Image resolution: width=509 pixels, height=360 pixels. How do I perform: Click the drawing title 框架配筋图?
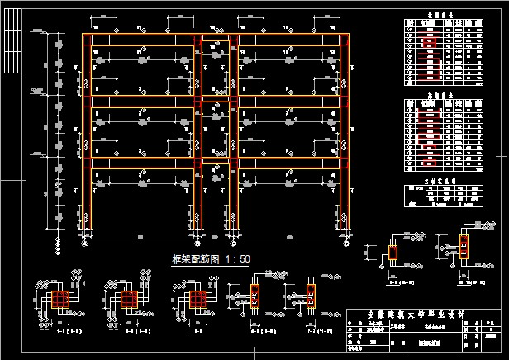pos(189,258)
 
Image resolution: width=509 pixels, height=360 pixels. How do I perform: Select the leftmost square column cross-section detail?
pos(61,299)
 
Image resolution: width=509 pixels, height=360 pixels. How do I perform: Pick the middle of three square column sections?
pos(127,299)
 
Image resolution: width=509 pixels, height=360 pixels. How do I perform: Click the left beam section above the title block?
pos(392,251)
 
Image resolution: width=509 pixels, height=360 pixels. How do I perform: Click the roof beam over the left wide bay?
pos(140,40)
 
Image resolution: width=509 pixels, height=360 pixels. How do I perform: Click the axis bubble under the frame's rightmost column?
pos(343,244)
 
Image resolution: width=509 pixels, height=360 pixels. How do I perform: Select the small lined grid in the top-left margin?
pos(12,45)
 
